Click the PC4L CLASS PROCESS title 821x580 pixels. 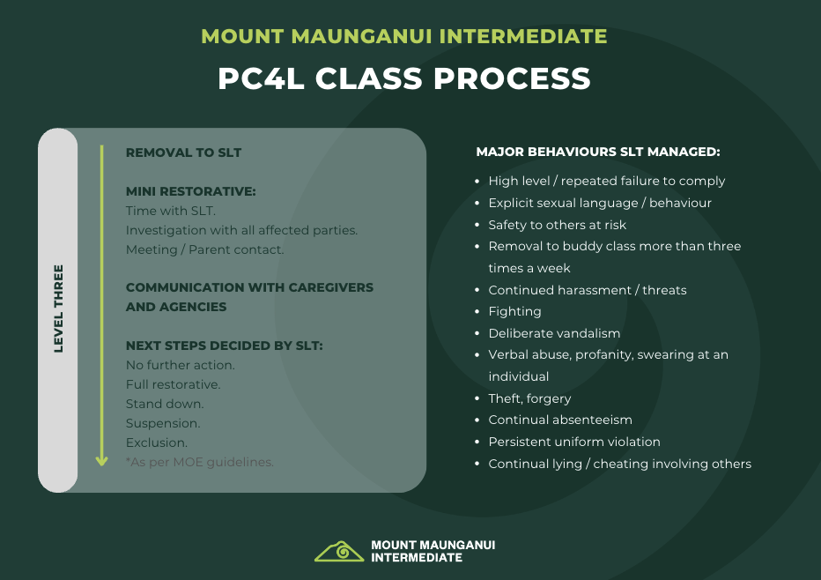point(404,78)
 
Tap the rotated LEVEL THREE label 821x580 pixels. point(58,309)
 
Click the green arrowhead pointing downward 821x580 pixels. point(101,460)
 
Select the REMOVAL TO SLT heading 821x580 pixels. point(183,152)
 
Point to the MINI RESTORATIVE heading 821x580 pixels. point(190,191)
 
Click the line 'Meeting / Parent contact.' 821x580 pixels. point(204,249)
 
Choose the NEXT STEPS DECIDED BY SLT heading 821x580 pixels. point(224,346)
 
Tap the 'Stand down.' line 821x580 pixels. point(165,404)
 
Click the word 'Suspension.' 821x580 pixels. point(163,423)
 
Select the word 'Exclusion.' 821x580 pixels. point(157,442)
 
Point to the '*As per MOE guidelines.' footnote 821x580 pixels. point(199,462)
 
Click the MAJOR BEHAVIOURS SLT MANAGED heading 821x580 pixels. point(598,152)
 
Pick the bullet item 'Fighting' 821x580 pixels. point(514,312)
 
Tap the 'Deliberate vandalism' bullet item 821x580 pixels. point(554,333)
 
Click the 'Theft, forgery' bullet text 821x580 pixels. point(529,398)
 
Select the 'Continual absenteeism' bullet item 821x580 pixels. point(560,420)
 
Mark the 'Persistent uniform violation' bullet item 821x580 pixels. point(574,442)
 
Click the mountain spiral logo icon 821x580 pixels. point(339,551)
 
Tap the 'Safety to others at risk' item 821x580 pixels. point(557,225)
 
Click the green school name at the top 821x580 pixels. point(404,36)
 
